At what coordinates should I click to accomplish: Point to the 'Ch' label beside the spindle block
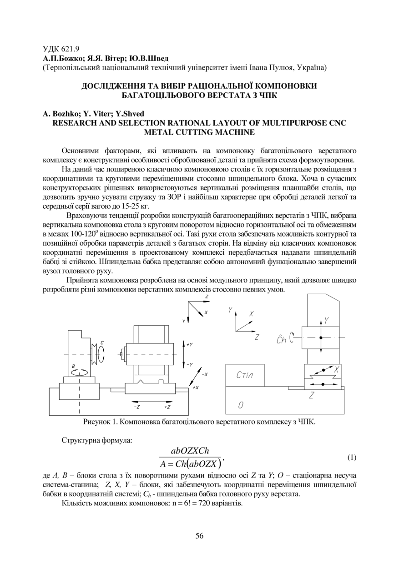282,339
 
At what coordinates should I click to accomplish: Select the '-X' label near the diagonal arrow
204,374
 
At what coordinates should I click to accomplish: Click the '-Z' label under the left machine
137,406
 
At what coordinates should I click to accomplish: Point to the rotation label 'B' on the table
73,366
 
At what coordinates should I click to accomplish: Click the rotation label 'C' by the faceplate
103,342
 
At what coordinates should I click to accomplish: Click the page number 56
199,536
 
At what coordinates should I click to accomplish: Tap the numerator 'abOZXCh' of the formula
190,451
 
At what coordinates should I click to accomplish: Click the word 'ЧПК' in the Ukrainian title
268,95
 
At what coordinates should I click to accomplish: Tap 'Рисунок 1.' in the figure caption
99,422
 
